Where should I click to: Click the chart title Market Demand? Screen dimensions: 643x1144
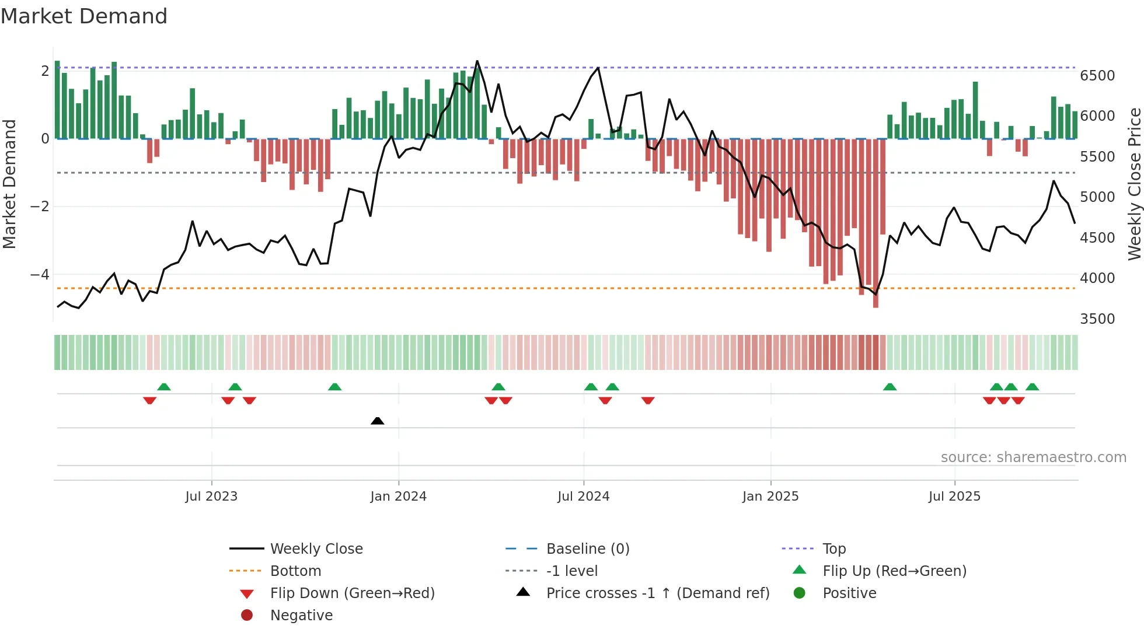pos(84,16)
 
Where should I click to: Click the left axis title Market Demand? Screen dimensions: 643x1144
pos(9,184)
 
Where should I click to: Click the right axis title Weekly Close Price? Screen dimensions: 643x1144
pos(1134,184)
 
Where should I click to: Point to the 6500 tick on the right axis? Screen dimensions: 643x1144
pos(1097,76)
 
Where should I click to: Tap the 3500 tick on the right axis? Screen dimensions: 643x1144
pos(1097,319)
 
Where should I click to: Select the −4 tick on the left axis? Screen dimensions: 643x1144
pos(40,274)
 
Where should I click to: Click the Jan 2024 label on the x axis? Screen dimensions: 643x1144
pos(398,497)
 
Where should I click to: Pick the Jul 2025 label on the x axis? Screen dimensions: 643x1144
pos(954,497)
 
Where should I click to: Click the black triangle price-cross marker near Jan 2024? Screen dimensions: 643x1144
pos(378,421)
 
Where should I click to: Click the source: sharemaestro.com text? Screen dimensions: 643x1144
pos(1033,457)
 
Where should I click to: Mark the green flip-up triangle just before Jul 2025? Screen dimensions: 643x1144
pos(890,387)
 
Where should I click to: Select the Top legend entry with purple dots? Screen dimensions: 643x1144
pos(833,549)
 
